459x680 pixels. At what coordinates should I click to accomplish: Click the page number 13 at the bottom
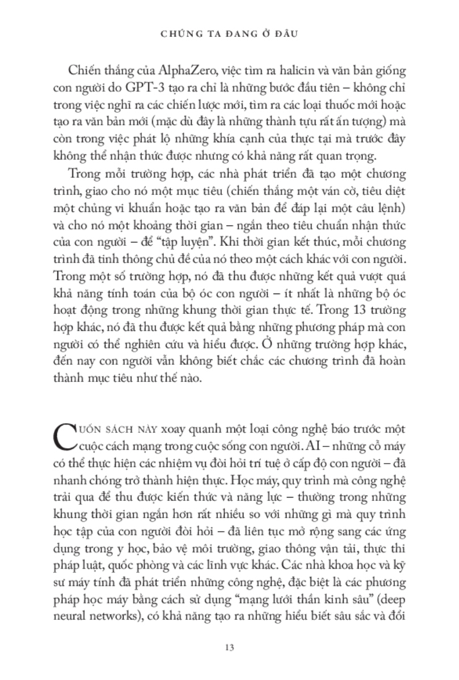[x=229, y=648]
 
